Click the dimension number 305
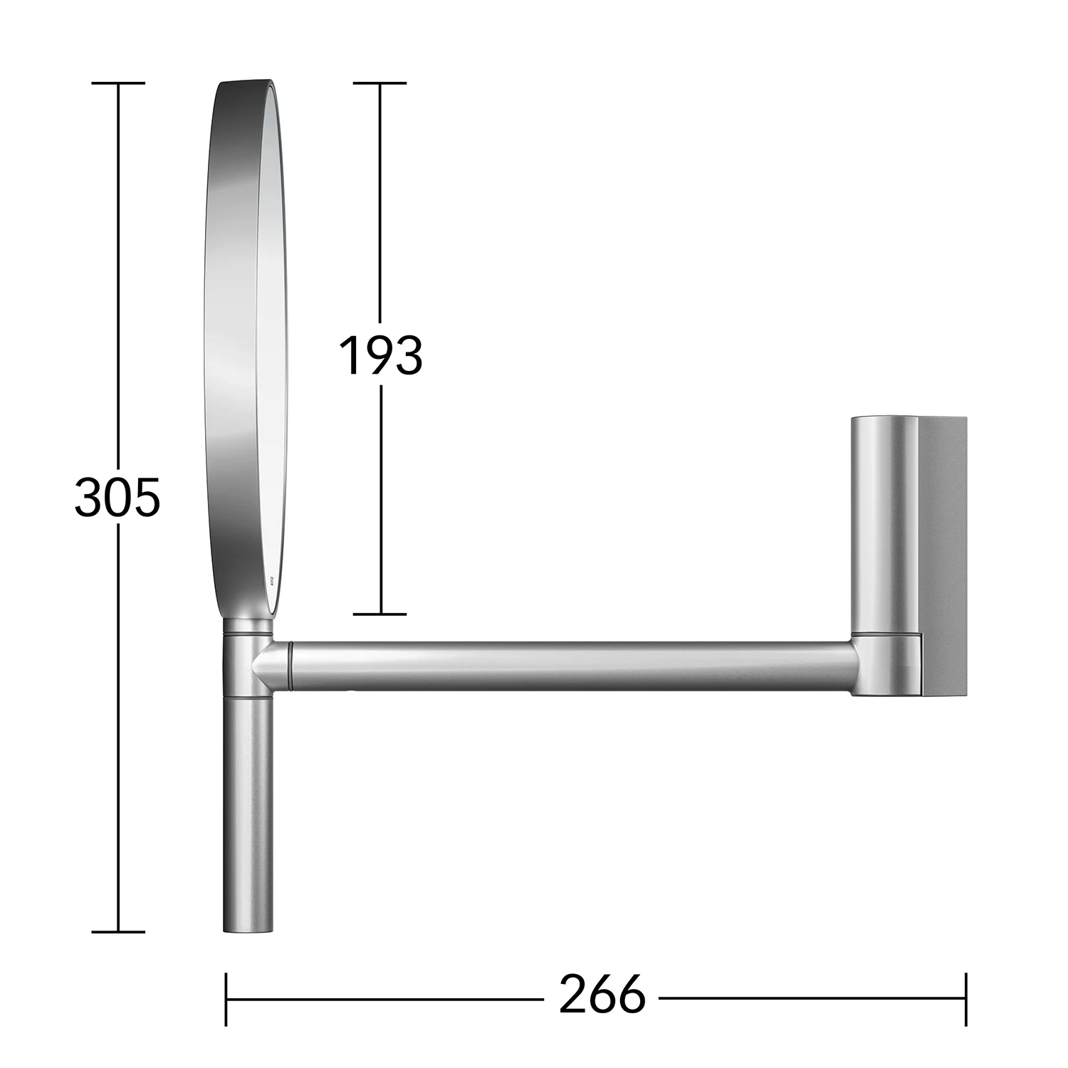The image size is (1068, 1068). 117,498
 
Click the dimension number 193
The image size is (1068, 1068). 380,355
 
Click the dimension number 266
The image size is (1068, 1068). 602,995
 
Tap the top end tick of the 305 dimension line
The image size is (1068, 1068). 118,83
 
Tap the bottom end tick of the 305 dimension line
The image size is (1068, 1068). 118,931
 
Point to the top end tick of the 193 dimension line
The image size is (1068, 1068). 380,83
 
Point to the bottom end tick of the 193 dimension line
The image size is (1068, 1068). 380,614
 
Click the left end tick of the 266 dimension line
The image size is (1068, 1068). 226,999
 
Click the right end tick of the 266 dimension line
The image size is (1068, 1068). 965,999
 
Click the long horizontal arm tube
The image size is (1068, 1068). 570,666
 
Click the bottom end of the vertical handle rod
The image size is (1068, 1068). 248,928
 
